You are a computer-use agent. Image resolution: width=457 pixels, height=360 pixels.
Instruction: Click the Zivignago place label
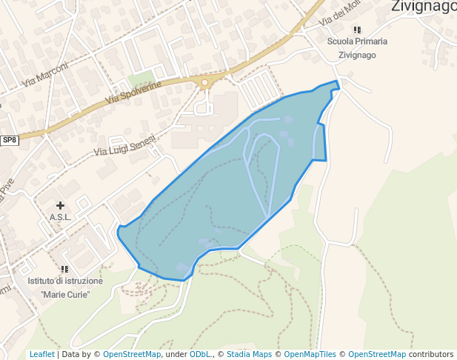click(424, 7)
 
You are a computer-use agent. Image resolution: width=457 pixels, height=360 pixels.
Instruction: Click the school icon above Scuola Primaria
click(357, 30)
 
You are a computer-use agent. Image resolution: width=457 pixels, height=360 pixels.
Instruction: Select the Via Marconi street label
click(45, 74)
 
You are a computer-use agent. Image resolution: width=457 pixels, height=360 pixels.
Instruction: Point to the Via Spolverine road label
click(133, 92)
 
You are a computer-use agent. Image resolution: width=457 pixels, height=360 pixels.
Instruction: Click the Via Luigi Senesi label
click(126, 144)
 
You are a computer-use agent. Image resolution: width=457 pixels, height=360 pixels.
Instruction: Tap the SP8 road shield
click(9, 140)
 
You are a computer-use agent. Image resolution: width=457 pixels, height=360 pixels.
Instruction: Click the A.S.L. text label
click(60, 217)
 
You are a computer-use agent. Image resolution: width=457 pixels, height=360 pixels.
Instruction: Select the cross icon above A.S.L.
click(60, 204)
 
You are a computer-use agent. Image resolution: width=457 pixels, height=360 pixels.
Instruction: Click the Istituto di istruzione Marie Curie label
click(65, 287)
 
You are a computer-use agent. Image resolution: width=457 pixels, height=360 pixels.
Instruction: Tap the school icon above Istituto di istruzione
click(65, 269)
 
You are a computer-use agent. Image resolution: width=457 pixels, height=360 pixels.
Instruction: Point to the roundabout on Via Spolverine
click(204, 83)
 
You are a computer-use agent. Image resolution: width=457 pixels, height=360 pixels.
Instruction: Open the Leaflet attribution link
click(41, 355)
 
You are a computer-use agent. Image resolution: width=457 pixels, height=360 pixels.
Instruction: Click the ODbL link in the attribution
click(201, 355)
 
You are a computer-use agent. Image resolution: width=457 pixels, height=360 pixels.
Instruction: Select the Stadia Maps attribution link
click(249, 355)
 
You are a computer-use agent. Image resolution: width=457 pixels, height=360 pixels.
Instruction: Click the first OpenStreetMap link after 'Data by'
click(132, 355)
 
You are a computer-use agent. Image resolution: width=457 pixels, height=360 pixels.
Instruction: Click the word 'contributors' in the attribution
click(431, 355)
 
